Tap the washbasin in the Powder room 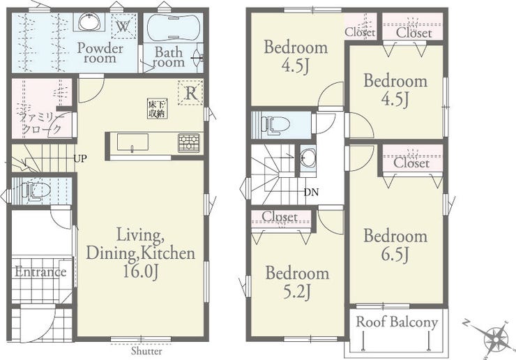coord(89,23)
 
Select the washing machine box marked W coord(123,26)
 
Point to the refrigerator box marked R coord(190,93)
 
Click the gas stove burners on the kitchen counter coord(189,143)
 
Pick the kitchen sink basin coord(132,142)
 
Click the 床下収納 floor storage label coord(157,110)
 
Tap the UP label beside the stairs coord(80,159)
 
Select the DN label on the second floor coord(311,193)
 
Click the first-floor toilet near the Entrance coord(36,191)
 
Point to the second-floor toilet coord(275,125)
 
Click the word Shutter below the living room coord(146,351)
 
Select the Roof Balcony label coord(397,322)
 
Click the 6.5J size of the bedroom coord(395,255)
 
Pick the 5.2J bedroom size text coord(297,292)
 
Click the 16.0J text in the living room coord(141,271)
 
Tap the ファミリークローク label coord(41,123)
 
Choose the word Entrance coord(40,272)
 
